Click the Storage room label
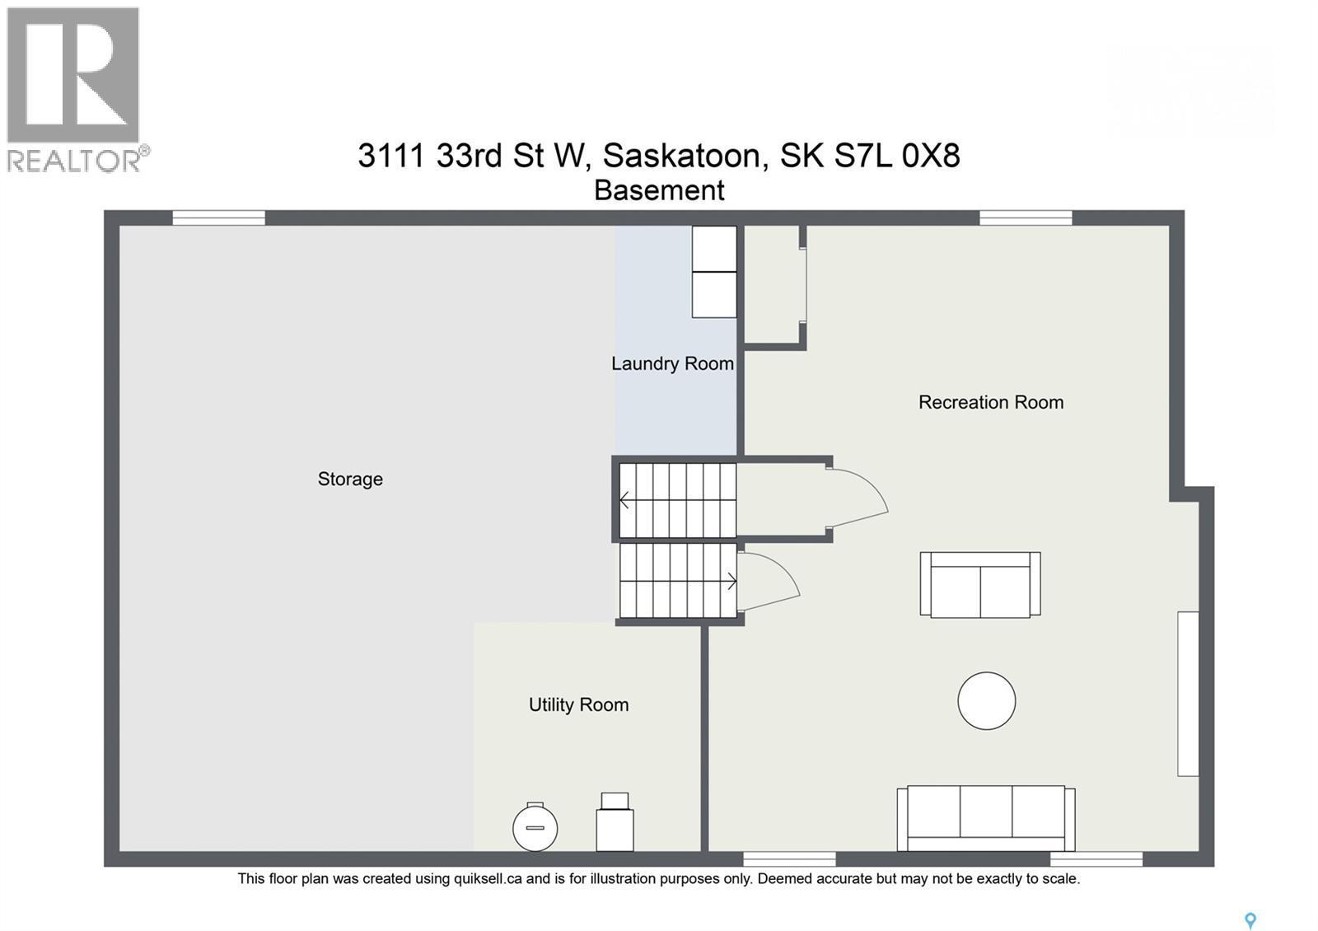pos(350,479)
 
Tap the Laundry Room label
pos(672,363)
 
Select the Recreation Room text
pos(990,402)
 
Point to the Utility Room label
pos(578,704)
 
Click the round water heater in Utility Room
pos(535,827)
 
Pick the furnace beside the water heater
pos(615,824)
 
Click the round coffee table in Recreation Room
pos(986,700)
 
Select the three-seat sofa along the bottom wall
pos(986,818)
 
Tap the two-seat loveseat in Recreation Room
pos(979,584)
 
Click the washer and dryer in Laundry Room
pos(713,272)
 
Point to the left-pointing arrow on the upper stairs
pos(624,500)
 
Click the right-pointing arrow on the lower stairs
pos(731,581)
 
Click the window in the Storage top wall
pos(218,218)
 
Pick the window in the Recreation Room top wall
pos(1025,218)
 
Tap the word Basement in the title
pos(659,190)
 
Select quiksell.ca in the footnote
pos(488,878)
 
